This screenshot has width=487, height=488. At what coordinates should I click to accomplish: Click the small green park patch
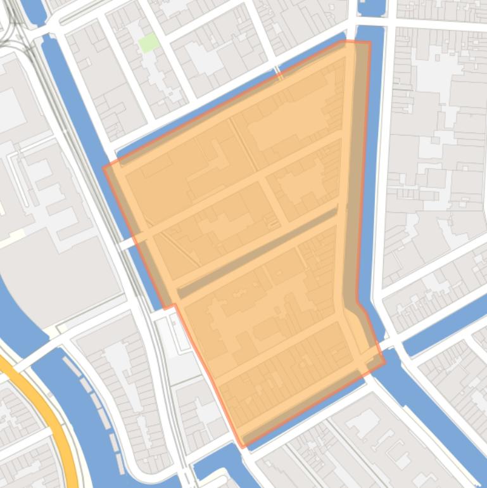[x=149, y=43]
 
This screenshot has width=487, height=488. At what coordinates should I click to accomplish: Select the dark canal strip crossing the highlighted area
[x=256, y=253]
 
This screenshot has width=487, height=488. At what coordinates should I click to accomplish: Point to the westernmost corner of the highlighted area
[x=104, y=168]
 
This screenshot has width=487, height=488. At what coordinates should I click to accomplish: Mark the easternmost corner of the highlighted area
[x=384, y=362]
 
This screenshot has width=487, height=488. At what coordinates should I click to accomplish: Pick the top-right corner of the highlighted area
[x=370, y=42]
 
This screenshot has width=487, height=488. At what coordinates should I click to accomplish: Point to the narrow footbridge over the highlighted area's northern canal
[x=278, y=73]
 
